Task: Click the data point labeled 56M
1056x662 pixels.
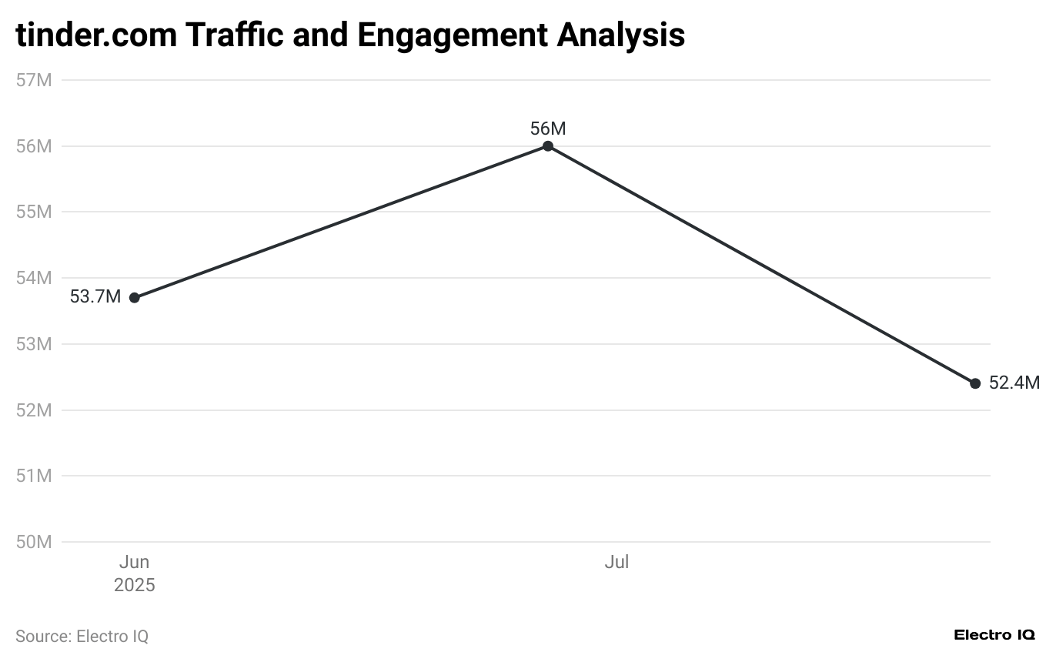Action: [548, 146]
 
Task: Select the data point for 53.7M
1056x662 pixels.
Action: [135, 298]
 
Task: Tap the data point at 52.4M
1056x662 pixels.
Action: [975, 383]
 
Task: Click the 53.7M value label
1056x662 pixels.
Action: [95, 297]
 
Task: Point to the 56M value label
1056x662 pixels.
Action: [548, 129]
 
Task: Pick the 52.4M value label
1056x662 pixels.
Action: [1014, 383]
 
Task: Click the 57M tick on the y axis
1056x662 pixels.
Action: [34, 80]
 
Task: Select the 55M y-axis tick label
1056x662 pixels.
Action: [34, 212]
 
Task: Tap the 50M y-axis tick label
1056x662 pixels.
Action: [34, 542]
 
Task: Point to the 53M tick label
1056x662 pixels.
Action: [34, 344]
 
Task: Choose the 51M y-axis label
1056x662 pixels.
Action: [34, 476]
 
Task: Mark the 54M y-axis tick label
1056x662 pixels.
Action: [34, 278]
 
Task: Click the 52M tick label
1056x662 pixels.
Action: [34, 410]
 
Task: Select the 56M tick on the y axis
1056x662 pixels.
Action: [34, 146]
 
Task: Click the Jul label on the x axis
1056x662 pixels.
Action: [617, 563]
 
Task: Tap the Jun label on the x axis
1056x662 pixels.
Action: [134, 563]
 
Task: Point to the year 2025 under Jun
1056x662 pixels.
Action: [135, 586]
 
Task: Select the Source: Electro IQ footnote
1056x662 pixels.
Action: [82, 637]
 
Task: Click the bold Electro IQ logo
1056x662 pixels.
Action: [994, 635]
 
